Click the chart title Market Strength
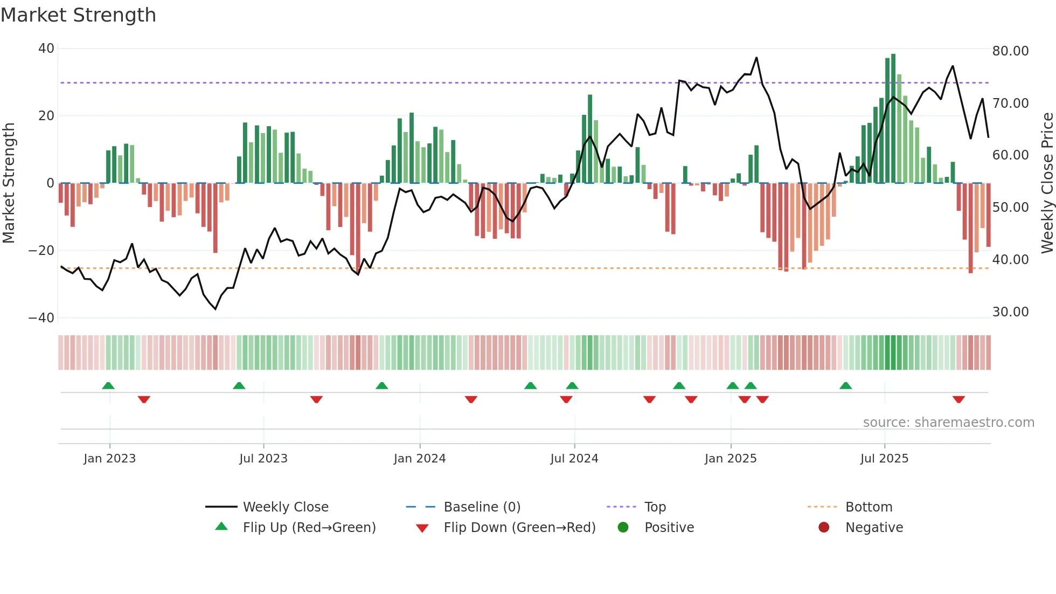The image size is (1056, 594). coord(78,15)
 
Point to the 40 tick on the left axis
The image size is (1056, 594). coord(46,49)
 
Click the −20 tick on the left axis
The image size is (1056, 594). coord(41,251)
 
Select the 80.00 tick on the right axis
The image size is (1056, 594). coord(1010,51)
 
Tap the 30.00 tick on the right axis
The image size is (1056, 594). coord(1010,312)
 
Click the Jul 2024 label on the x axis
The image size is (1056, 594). coord(574,459)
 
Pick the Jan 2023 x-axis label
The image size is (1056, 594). coord(109,459)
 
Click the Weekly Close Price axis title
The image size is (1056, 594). coord(1047,183)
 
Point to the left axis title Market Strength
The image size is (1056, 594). coord(9,183)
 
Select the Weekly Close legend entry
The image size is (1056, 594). coord(285,507)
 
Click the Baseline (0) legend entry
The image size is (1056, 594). coord(482,507)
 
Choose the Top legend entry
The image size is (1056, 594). coord(655,507)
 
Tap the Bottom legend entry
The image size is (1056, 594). coord(869,507)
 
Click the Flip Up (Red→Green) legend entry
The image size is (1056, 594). coord(309,528)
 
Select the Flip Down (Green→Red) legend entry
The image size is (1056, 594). coord(519,528)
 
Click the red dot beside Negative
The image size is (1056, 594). coord(824,528)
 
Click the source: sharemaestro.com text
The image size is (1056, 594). coord(948,423)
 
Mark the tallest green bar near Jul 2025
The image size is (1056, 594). coord(893,119)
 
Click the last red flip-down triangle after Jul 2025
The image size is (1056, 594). coord(958,399)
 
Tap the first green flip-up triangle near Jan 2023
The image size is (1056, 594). coord(108,385)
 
